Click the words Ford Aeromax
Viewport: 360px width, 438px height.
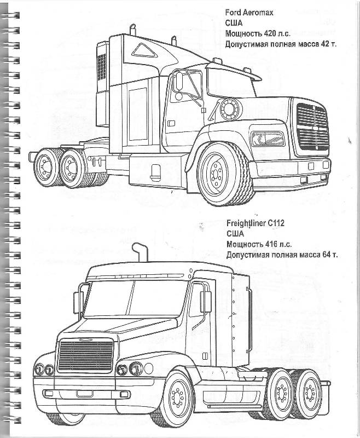click(x=249, y=12)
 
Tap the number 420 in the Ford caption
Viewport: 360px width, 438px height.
click(x=269, y=33)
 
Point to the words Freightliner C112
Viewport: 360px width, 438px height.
click(x=256, y=223)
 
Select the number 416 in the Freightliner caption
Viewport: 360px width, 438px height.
click(x=270, y=244)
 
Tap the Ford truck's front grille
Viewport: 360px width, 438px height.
click(x=312, y=127)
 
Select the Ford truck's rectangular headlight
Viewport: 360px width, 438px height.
click(x=268, y=139)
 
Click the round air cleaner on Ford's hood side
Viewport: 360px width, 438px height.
click(x=231, y=108)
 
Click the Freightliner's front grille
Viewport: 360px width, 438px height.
click(x=85, y=355)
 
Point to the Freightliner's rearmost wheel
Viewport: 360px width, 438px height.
click(x=309, y=393)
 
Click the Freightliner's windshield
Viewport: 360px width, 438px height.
click(x=135, y=299)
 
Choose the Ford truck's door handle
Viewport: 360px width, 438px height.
click(x=171, y=123)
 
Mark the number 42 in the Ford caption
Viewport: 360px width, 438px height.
click(x=325, y=44)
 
